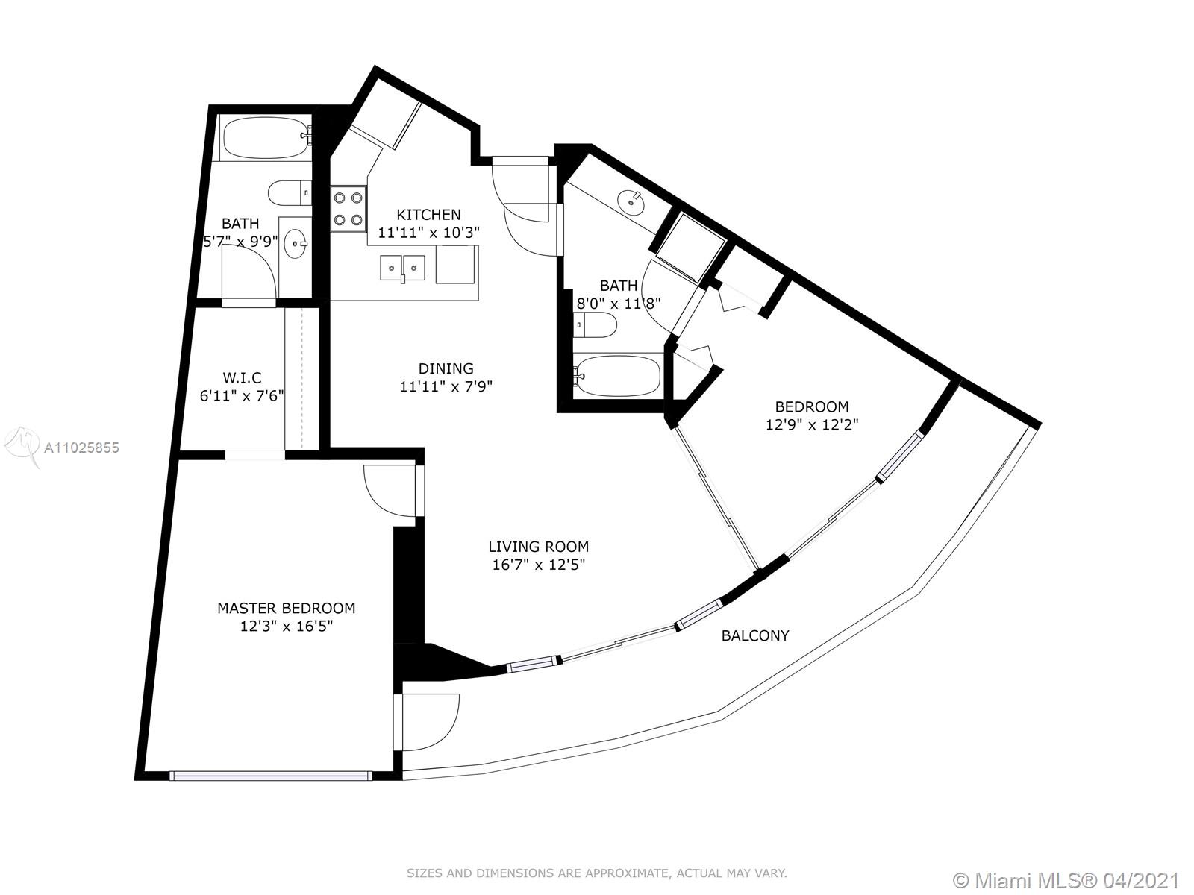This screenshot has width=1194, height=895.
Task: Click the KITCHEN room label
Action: pyautogui.click(x=428, y=214)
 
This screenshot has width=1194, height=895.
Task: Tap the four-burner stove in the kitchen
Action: pyautogui.click(x=348, y=210)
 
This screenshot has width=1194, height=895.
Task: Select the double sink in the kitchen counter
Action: pyautogui.click(x=402, y=268)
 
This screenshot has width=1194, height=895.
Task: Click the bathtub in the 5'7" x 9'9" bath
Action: pyautogui.click(x=266, y=139)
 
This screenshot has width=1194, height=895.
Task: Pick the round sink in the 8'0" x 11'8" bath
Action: pyautogui.click(x=631, y=203)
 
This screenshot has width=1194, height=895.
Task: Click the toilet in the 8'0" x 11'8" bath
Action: pyautogui.click(x=596, y=325)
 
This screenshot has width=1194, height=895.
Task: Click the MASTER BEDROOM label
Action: pyautogui.click(x=286, y=608)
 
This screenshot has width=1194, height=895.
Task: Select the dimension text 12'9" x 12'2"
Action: pyautogui.click(x=812, y=424)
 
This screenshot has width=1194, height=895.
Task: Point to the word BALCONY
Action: pyautogui.click(x=755, y=635)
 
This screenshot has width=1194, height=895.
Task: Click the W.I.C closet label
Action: pyautogui.click(x=242, y=377)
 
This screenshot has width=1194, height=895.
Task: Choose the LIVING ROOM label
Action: pyautogui.click(x=539, y=546)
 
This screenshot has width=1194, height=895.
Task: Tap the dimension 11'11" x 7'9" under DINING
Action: pyautogui.click(x=446, y=386)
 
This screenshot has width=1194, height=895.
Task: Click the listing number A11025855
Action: pyautogui.click(x=81, y=447)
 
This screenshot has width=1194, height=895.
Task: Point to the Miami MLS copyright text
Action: pyautogui.click(x=1066, y=880)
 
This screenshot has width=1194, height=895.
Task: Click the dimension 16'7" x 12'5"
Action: pyautogui.click(x=539, y=565)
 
